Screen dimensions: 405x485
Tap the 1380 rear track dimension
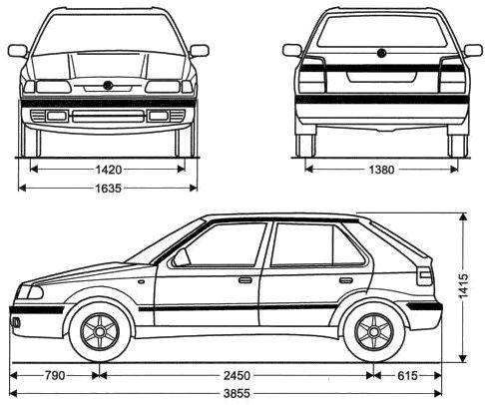click(379, 169)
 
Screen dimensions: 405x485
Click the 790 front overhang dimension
click(54, 377)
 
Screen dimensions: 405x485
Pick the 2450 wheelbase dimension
click(235, 377)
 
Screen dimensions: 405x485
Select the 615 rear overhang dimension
click(405, 377)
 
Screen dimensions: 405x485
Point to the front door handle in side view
click(244, 280)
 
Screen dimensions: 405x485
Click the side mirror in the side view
click(180, 260)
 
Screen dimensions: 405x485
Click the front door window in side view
click(226, 246)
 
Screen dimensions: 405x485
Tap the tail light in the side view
click(427, 278)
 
